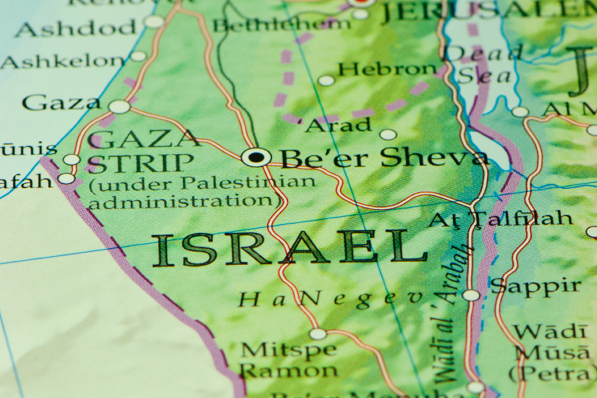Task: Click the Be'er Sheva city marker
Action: click(x=256, y=156)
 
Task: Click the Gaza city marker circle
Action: click(x=119, y=107)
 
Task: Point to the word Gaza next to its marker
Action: click(x=61, y=103)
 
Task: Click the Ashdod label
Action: click(x=75, y=29)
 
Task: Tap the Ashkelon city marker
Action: click(x=138, y=56)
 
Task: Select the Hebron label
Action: click(x=387, y=69)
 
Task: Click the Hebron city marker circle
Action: click(x=326, y=80)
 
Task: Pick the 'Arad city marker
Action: click(x=389, y=135)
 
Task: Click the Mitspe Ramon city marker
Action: click(x=318, y=334)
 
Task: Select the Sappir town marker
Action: click(x=471, y=295)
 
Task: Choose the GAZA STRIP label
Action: click(x=143, y=150)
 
